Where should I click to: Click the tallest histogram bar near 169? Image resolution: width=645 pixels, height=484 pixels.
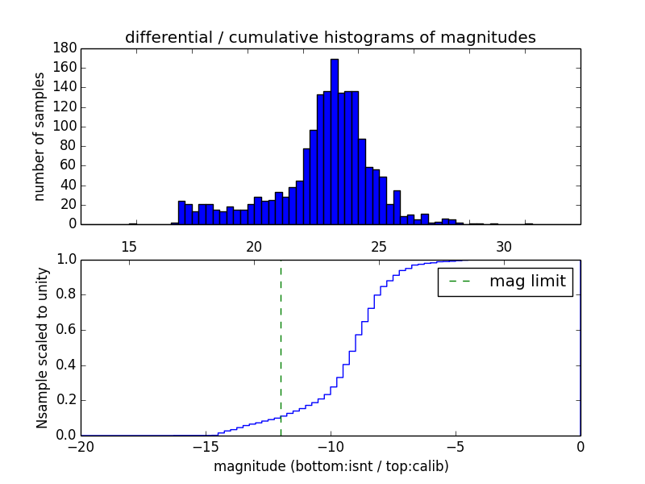click(x=335, y=141)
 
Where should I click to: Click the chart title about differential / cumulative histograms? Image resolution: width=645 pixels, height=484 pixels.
click(x=331, y=37)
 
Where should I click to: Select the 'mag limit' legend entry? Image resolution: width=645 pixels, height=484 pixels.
click(x=506, y=282)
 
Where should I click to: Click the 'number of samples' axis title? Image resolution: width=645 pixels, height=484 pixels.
click(x=40, y=136)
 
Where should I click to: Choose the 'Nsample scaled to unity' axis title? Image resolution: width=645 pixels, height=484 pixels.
click(x=42, y=347)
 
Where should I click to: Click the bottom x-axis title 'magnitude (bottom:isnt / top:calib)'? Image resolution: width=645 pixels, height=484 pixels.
click(x=331, y=466)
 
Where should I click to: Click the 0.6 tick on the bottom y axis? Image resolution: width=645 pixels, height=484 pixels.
click(x=66, y=330)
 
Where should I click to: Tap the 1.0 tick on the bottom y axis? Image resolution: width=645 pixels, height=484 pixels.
click(x=66, y=260)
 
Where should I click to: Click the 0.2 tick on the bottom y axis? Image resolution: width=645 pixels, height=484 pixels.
click(x=66, y=400)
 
